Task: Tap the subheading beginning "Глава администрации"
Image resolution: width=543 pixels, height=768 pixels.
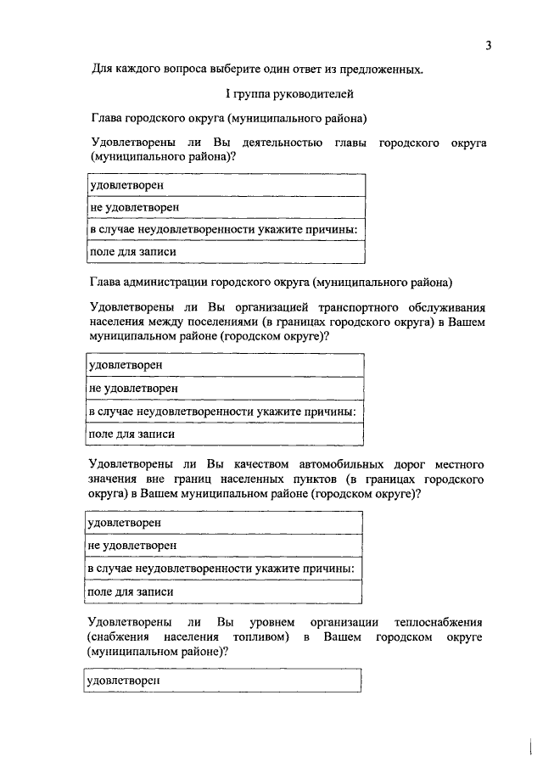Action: (x=271, y=282)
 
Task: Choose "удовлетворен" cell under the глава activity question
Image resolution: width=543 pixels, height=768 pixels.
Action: (x=126, y=184)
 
